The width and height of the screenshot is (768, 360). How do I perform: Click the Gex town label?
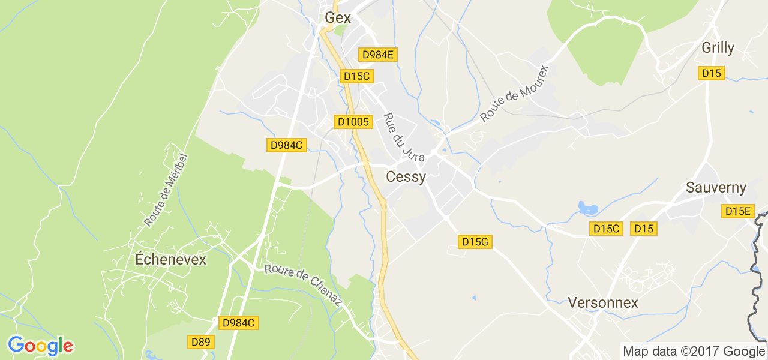[338, 18]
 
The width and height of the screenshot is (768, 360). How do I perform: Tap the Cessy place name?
[406, 177]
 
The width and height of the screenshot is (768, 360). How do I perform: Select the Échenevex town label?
[170, 260]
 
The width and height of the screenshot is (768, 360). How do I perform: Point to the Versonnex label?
[603, 302]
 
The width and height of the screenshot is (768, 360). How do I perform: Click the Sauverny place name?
[716, 188]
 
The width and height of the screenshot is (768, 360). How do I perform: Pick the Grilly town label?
[718, 48]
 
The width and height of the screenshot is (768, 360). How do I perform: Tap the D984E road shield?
[378, 55]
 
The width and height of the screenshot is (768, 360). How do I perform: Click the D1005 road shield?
[353, 122]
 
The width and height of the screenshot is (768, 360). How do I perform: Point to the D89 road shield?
[200, 342]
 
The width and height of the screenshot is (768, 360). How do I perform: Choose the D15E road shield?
[738, 211]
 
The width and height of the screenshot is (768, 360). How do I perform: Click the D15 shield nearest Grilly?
[712, 73]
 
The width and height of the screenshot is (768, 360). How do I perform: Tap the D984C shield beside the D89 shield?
[239, 323]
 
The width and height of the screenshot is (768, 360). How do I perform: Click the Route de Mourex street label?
[514, 93]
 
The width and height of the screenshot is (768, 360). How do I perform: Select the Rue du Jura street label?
[404, 137]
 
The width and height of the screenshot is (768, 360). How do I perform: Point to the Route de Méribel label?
[166, 190]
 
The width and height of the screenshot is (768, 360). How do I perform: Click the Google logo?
[41, 346]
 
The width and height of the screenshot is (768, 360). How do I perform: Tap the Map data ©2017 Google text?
[694, 352]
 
